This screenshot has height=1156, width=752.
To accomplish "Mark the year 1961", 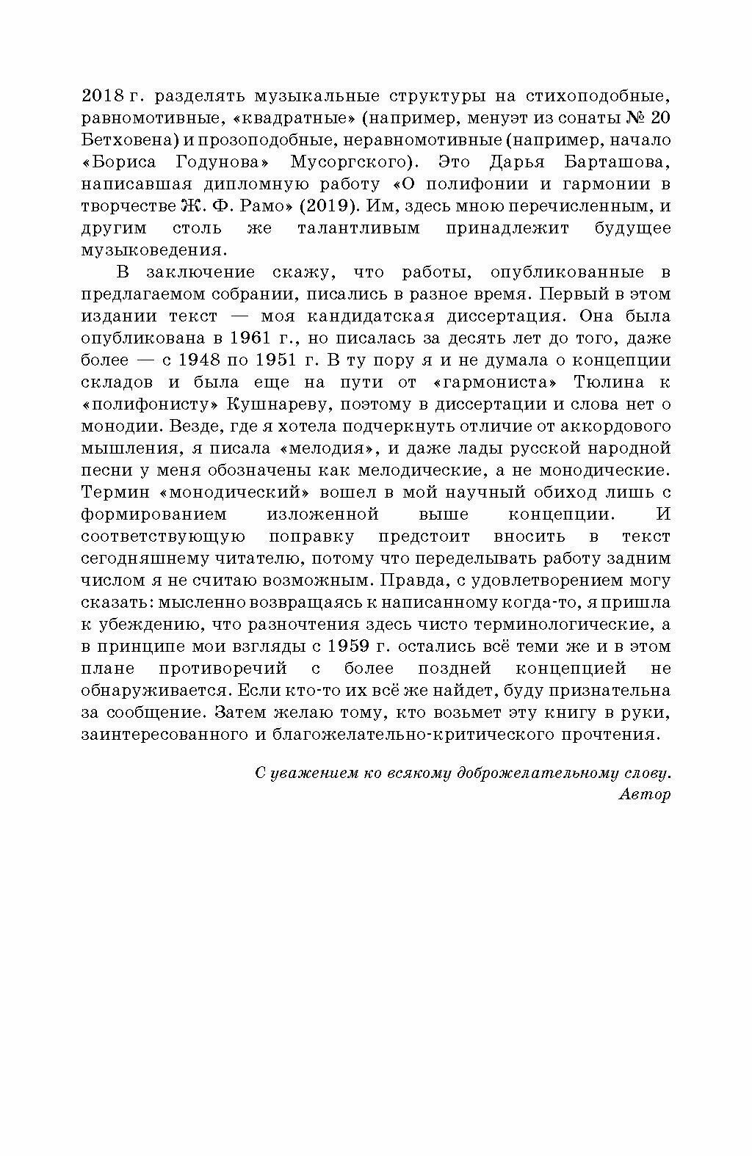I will pyautogui.click(x=250, y=338).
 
